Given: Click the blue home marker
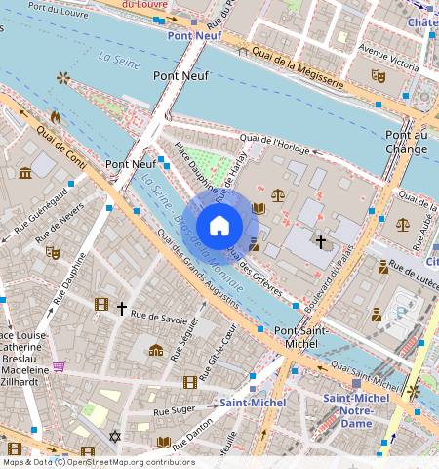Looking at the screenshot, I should pos(219,225).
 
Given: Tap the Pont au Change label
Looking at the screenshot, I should pos(407,142).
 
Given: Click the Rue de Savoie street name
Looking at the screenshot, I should pos(158,316).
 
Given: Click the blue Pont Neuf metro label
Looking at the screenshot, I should pos(194,36).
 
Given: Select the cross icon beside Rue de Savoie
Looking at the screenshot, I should pos(122,309).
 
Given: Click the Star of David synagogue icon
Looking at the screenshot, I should pos(114,437).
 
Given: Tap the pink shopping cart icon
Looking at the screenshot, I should pos(59,367).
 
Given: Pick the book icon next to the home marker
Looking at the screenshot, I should pos(259,208).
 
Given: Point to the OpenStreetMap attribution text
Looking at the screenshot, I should pos(99,462).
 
